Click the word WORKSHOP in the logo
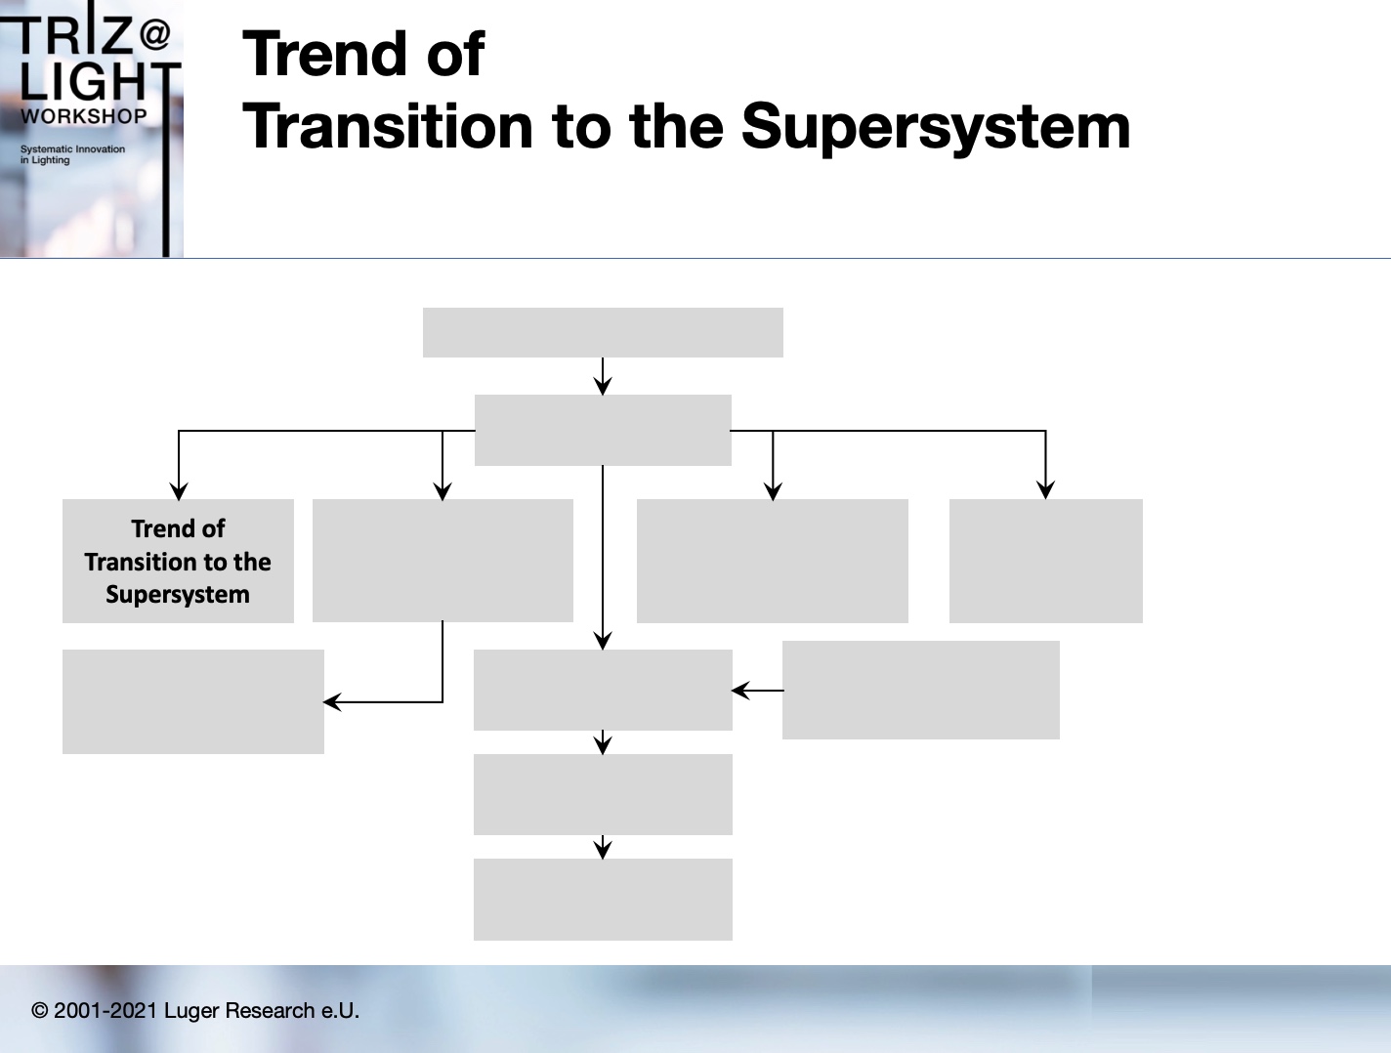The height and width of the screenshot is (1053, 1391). (x=84, y=116)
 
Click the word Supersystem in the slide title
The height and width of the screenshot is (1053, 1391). (x=936, y=127)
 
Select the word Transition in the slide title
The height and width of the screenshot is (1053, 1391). (x=387, y=127)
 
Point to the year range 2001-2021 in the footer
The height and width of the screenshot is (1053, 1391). (x=105, y=1010)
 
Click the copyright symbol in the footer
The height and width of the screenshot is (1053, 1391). (x=39, y=1010)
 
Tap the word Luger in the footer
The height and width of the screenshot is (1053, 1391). (x=190, y=1011)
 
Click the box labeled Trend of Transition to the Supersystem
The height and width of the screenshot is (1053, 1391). (x=178, y=561)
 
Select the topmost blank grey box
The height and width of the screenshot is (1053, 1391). (x=603, y=333)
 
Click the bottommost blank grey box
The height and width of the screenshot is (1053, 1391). (x=603, y=899)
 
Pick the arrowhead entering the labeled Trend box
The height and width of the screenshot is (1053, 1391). (x=179, y=491)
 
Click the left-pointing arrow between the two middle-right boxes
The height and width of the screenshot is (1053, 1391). (x=758, y=690)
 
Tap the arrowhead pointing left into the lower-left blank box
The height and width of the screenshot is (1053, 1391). (x=332, y=702)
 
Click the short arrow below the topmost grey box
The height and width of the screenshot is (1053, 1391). (x=603, y=376)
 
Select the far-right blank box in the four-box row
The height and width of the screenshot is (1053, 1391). (x=1045, y=561)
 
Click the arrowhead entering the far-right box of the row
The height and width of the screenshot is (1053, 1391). (x=1045, y=490)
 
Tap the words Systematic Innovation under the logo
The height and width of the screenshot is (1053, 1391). (x=73, y=148)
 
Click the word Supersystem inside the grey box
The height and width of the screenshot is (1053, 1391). (x=178, y=595)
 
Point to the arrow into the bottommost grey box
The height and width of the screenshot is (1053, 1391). (x=603, y=847)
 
